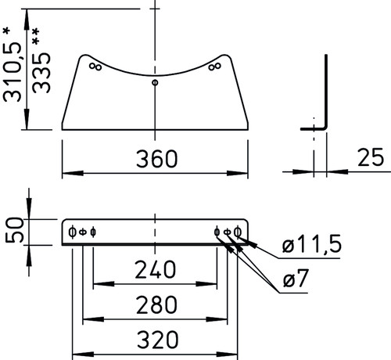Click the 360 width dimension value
point(157,159)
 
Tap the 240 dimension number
point(156,269)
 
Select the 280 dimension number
point(156,304)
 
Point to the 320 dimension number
point(158,340)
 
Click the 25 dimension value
point(371,157)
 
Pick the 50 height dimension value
point(14,230)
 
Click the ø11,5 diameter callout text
point(312,244)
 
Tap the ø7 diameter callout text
point(296,278)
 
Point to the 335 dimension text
point(41,73)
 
